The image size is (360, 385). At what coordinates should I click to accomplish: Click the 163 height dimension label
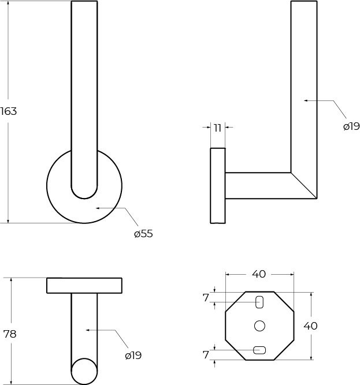[9, 111]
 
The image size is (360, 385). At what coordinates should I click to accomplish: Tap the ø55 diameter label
[143, 234]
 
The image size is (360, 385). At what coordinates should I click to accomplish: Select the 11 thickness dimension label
[217, 128]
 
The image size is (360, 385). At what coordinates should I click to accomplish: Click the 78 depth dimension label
[10, 334]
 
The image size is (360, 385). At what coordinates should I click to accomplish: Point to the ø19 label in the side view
[351, 126]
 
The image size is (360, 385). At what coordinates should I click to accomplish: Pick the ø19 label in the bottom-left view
[133, 356]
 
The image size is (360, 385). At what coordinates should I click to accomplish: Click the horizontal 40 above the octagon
[259, 274]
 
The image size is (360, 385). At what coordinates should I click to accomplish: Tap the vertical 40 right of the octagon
[310, 326]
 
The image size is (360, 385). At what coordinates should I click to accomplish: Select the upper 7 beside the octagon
[206, 298]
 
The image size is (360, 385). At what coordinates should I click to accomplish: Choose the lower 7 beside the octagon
[206, 355]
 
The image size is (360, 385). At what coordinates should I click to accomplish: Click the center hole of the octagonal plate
[259, 326]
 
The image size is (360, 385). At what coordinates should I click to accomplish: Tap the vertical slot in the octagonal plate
[259, 301]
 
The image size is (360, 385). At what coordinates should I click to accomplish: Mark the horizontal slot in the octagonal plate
[259, 349]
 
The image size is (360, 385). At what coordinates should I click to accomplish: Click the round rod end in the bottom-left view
[84, 371]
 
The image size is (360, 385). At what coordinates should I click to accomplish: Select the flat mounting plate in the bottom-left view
[84, 286]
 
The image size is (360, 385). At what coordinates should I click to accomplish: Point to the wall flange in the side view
[217, 185]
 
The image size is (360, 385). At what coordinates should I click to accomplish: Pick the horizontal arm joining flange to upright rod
[257, 185]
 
